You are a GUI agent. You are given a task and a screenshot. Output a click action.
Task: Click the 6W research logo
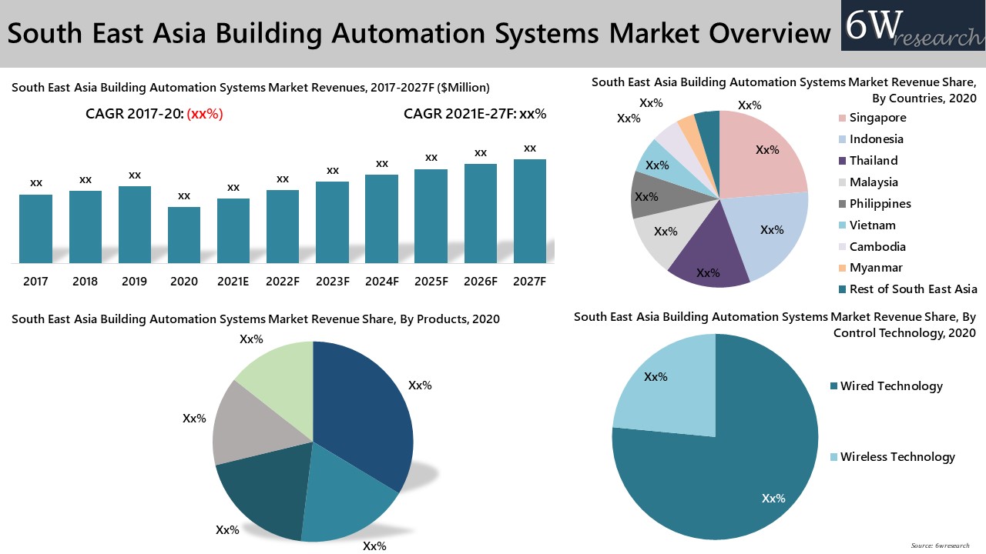pos(912,27)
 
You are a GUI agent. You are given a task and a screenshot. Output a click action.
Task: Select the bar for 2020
pos(184,235)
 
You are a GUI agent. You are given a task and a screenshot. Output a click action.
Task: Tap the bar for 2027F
pos(529,212)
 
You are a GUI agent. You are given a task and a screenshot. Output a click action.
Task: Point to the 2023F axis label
pos(332,282)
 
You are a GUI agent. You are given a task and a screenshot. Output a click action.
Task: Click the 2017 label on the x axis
pos(35,282)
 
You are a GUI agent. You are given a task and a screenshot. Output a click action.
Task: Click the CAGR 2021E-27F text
pos(475,115)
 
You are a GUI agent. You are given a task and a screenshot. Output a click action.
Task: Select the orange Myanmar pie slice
pos(686,125)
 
